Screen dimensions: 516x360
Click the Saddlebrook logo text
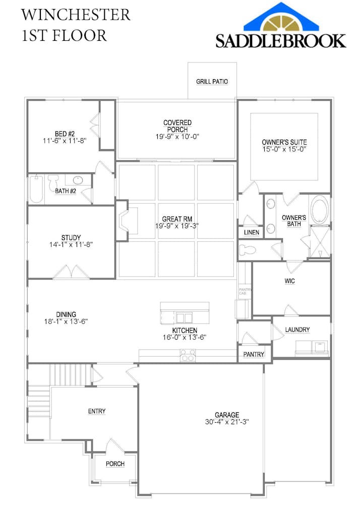(x=281, y=40)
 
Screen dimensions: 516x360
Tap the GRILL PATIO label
(x=212, y=81)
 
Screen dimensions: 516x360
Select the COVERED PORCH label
(x=177, y=126)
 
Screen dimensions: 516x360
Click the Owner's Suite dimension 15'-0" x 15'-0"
(x=284, y=149)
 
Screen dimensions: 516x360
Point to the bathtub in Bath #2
(x=36, y=189)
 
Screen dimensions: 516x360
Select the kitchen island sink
(x=184, y=317)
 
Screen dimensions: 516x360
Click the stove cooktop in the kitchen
(x=188, y=358)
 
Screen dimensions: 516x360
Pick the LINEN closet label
(x=251, y=232)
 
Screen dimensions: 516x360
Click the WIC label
(x=289, y=281)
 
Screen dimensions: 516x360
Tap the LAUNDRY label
(x=297, y=330)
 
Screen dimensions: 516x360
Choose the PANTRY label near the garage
(x=254, y=354)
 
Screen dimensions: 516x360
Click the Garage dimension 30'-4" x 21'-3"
(x=226, y=422)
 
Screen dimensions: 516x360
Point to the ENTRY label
(x=97, y=411)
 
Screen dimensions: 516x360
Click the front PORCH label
(x=115, y=464)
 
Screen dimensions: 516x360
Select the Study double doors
(x=71, y=272)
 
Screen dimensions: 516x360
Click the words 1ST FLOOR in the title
(x=64, y=36)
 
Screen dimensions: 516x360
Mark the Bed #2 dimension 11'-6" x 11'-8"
(x=65, y=141)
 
